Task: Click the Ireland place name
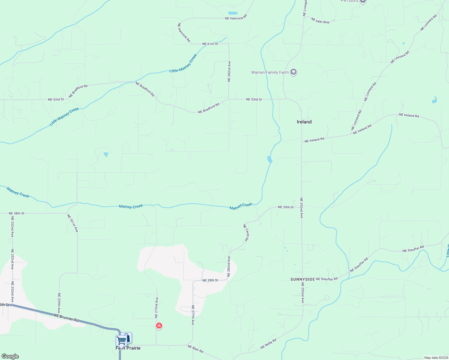tap(304, 122)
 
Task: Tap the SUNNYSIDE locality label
tap(303, 279)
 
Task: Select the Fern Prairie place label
tap(128, 348)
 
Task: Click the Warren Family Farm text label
tap(270, 72)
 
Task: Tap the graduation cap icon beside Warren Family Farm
tap(294, 72)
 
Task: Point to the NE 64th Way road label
tap(320, 21)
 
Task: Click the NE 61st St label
tap(210, 44)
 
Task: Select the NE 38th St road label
tap(17, 213)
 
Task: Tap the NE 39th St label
tap(286, 207)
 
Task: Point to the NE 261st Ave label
tap(73, 223)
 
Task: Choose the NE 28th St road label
tap(210, 280)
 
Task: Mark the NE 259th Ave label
tap(59, 303)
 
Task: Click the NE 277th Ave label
tap(193, 315)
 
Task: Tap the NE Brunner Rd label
tap(66, 318)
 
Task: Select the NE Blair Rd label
tap(195, 349)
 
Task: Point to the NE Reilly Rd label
tap(268, 343)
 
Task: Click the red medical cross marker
tap(159, 325)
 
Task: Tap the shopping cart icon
tap(121, 341)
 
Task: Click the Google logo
tap(10, 356)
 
